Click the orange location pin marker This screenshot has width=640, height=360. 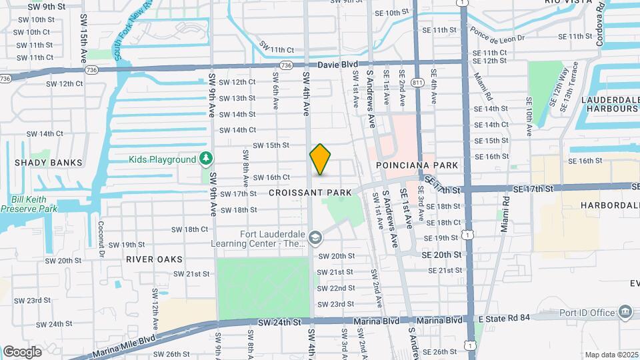point(321,159)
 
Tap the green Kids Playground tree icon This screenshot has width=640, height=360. point(207,159)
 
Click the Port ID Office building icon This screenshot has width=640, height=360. point(625,312)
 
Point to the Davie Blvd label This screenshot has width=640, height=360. point(339,65)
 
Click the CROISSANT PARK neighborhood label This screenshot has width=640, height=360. point(310,193)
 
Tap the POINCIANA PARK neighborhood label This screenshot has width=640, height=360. point(417,165)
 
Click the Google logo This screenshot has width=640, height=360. point(22,351)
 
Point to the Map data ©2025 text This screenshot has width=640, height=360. point(611,355)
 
